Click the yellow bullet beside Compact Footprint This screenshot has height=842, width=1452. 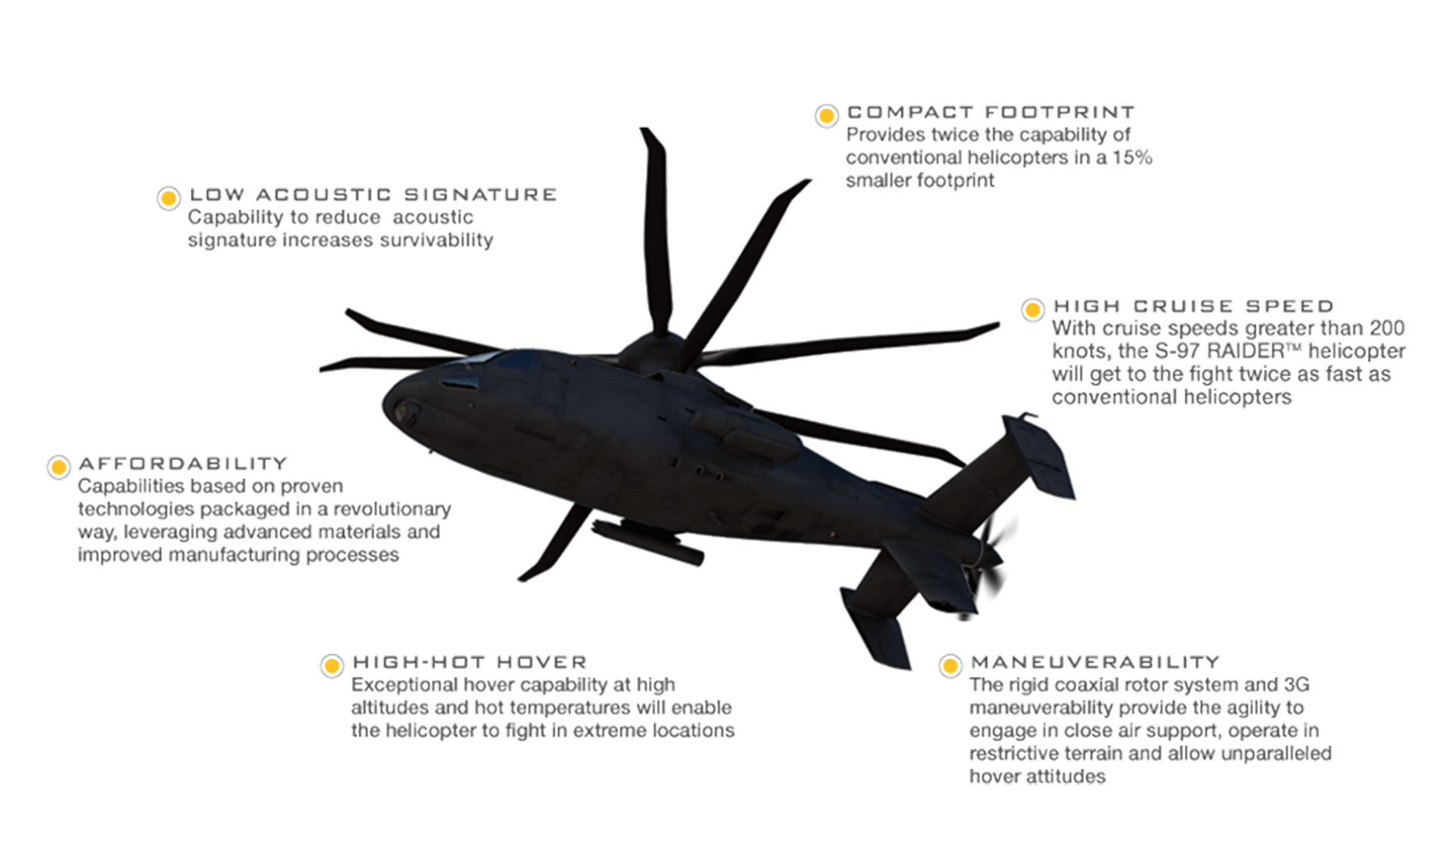(827, 116)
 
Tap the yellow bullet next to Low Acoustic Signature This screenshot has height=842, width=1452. (169, 198)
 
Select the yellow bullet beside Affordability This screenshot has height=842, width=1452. (58, 467)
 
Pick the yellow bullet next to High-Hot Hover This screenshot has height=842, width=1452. (331, 666)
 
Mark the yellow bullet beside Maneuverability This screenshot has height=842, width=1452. (950, 666)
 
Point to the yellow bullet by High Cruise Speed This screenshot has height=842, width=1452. (1032, 310)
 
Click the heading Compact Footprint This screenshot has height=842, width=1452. (991, 112)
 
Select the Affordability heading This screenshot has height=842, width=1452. (183, 463)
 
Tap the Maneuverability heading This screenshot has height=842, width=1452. (1095, 662)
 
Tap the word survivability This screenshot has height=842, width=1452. (433, 240)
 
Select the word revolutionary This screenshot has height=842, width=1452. (392, 509)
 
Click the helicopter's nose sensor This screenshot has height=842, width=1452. (406, 413)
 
